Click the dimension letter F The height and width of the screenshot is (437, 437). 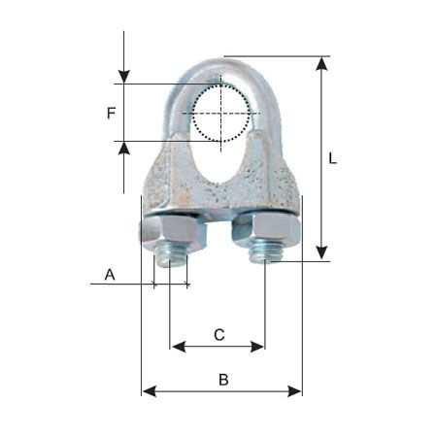tap(112, 113)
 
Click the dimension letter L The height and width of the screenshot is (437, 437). tap(332, 158)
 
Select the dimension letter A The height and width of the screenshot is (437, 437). tap(110, 276)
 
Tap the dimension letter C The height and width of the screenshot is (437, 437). tap(218, 335)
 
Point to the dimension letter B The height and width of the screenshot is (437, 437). tap(222, 380)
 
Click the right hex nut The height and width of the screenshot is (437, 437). tap(267, 231)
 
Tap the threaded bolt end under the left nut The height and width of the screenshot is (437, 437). tap(172, 257)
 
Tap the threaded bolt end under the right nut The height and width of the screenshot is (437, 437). tap(265, 255)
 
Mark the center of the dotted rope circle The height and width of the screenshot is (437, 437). tap(221, 114)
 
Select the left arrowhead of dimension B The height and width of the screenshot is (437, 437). tap(149, 391)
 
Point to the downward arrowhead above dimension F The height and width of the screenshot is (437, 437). tap(124, 76)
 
